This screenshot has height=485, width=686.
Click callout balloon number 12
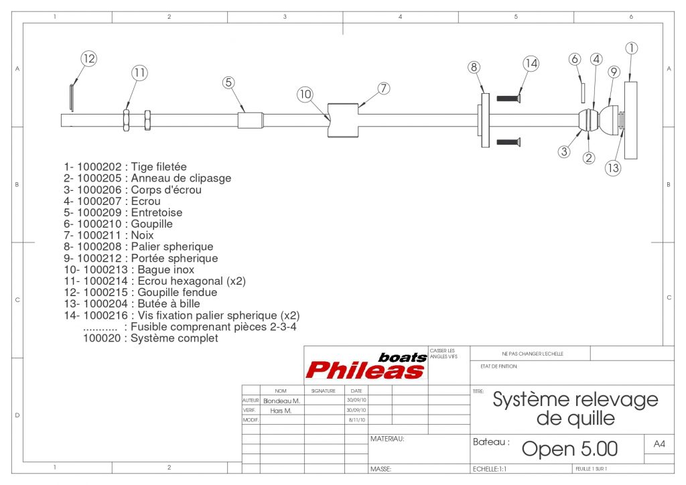point(89,59)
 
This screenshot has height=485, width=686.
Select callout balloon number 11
point(139,72)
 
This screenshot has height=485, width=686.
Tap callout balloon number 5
point(229,82)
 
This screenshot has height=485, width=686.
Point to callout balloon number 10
point(305,94)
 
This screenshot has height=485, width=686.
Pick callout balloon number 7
point(383,88)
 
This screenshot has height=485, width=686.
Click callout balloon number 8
point(474,67)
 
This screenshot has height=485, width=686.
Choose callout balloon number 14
point(531,64)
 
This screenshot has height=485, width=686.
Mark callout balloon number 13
point(613,168)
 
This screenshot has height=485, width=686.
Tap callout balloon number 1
point(631,48)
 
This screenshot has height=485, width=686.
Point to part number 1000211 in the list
point(100,235)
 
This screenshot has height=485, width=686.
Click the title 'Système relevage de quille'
point(575,409)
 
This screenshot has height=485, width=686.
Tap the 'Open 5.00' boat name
point(569,448)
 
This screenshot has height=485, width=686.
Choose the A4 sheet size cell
point(659,443)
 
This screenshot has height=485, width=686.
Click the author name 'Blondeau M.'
point(281,401)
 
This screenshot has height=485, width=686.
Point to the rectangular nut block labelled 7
point(342,120)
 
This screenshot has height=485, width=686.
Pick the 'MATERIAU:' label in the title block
point(387,439)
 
